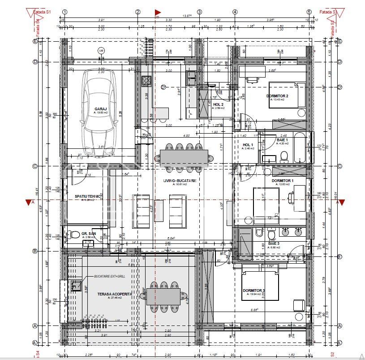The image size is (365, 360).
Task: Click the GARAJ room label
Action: click(99, 109)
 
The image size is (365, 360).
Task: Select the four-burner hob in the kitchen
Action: click(146, 81)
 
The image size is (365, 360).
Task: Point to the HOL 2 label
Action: click(219, 104)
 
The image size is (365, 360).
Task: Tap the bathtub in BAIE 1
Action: click(300, 147)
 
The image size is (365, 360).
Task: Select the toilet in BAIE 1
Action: click(283, 156)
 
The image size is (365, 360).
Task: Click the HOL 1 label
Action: click(248, 145)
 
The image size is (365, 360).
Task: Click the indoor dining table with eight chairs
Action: click(184, 157)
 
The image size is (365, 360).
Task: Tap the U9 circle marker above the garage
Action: click(101, 51)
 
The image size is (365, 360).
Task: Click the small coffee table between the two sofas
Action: click(159, 211)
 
